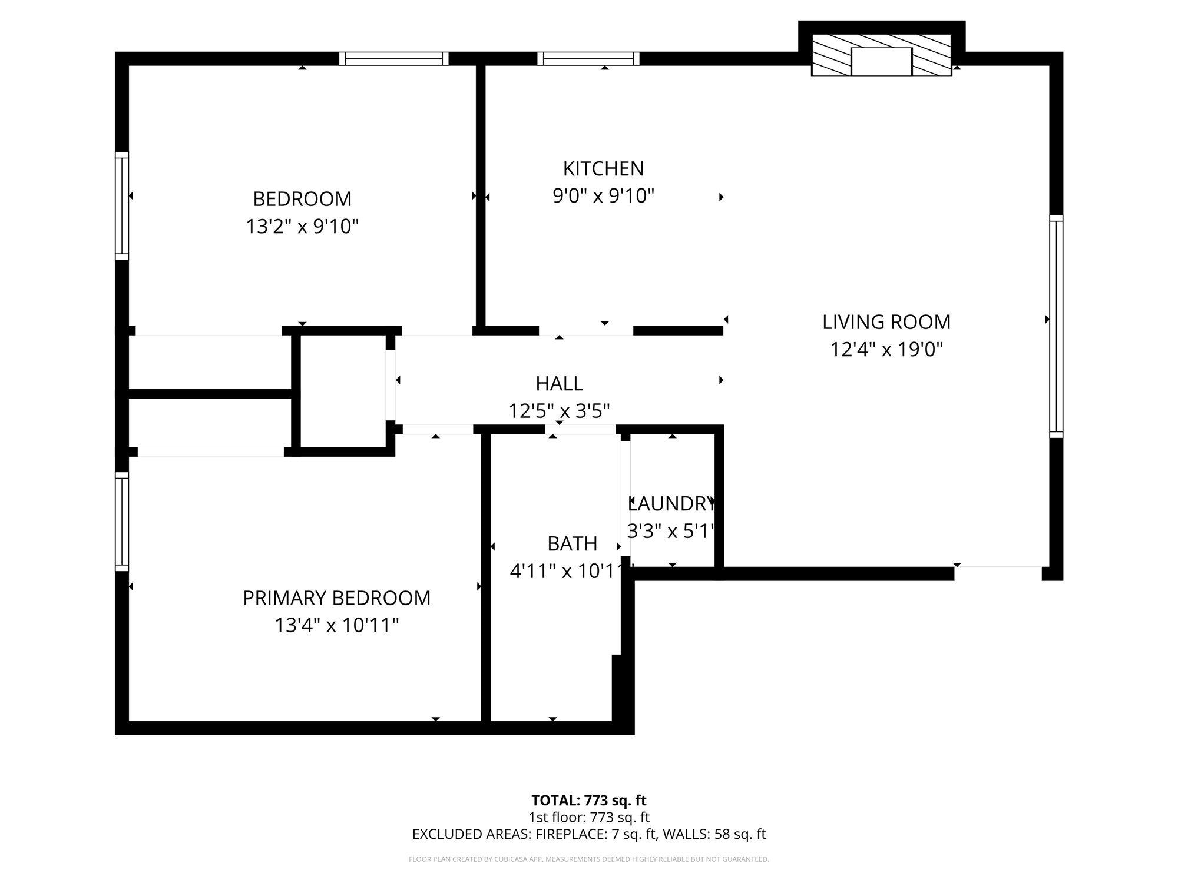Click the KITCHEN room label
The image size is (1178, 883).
[x=603, y=169]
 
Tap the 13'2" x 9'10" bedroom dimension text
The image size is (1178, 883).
[x=302, y=226]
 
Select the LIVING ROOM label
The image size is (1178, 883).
[x=886, y=322]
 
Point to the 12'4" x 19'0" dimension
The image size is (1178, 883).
[x=886, y=350]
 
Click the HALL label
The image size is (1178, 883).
[x=559, y=384]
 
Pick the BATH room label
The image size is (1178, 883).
[x=572, y=544]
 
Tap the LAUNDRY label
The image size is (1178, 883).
[x=671, y=504]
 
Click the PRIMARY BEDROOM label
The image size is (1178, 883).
[x=336, y=598]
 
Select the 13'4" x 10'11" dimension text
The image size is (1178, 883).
[x=336, y=625]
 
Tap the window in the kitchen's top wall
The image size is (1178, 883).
[x=588, y=58]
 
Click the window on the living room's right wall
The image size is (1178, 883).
[x=1056, y=326]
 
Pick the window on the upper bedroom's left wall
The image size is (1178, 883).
[x=121, y=205]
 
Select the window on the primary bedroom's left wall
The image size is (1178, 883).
[x=121, y=521]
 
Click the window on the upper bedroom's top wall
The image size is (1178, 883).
[x=393, y=58]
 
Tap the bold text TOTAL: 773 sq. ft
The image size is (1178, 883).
[x=588, y=801]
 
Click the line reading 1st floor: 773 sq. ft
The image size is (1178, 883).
[x=588, y=817]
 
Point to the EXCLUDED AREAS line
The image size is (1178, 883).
[x=588, y=834]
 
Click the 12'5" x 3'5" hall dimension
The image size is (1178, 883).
[x=559, y=411]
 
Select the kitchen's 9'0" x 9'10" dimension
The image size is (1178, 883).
[x=603, y=196]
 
